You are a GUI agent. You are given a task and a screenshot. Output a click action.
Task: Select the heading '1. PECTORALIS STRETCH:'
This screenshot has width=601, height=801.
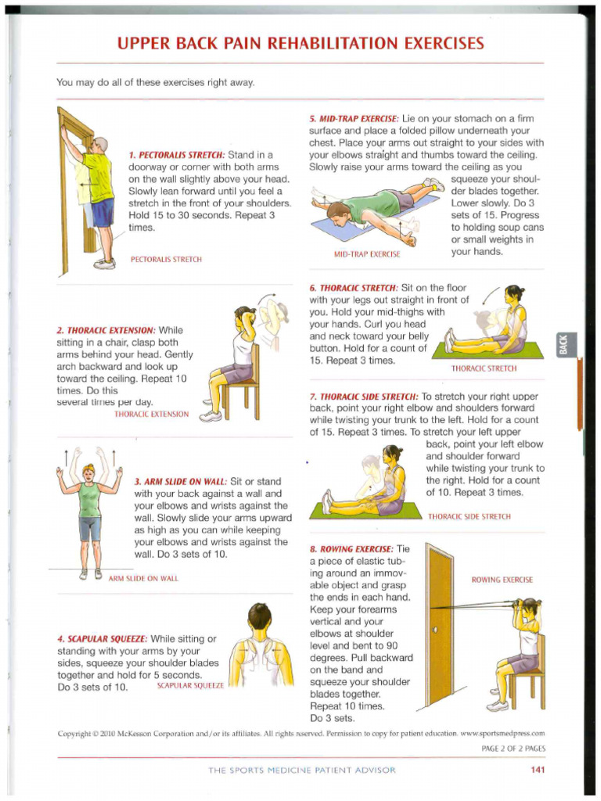point(177,155)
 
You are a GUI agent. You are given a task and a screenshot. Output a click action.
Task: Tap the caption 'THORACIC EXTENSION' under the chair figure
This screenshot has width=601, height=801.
point(151,414)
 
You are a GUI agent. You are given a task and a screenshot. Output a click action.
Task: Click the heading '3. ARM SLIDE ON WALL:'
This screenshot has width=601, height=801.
point(182,482)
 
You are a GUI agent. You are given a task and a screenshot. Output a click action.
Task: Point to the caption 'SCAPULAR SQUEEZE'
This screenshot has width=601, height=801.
point(190,686)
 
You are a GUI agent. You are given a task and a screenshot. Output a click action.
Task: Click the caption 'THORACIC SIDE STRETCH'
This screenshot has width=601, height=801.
point(469,517)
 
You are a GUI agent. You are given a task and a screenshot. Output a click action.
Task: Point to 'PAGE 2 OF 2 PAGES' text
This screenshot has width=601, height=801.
point(513,749)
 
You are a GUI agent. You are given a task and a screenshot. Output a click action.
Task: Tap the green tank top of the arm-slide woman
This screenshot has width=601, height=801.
point(89,500)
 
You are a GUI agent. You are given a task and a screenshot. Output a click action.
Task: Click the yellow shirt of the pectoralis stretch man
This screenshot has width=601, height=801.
point(100,176)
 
